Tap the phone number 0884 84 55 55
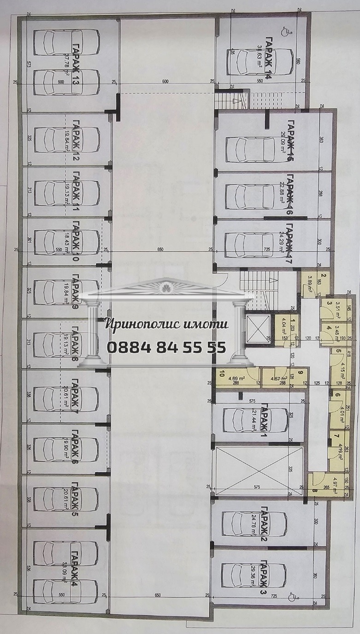[x=167, y=346]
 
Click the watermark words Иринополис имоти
[x=167, y=324]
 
